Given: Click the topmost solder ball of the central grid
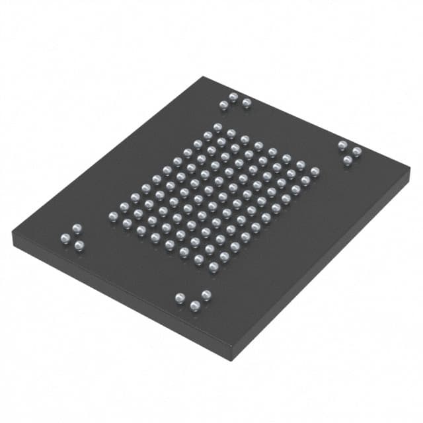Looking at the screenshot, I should point(217,126).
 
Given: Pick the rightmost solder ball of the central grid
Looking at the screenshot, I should point(315,171).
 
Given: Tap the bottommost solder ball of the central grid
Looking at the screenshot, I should point(213,266).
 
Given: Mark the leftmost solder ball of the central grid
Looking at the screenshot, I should point(113,215).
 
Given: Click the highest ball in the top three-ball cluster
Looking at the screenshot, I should point(233,96).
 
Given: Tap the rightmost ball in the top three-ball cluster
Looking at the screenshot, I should point(247,102).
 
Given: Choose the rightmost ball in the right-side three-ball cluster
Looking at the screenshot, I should point(357,151).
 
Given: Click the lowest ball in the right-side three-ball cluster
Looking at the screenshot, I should point(347,160).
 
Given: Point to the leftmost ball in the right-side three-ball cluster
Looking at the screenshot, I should point(342,145).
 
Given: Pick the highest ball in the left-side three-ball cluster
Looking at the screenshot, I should point(76,229).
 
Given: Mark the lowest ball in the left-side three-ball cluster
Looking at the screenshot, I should point(79,245).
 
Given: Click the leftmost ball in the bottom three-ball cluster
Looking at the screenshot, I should point(180,297).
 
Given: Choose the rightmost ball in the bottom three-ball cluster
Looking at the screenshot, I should point(206,294).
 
